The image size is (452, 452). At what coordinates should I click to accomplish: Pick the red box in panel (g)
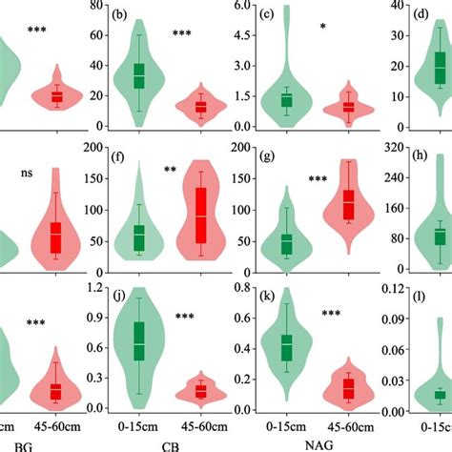(x=348, y=204)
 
